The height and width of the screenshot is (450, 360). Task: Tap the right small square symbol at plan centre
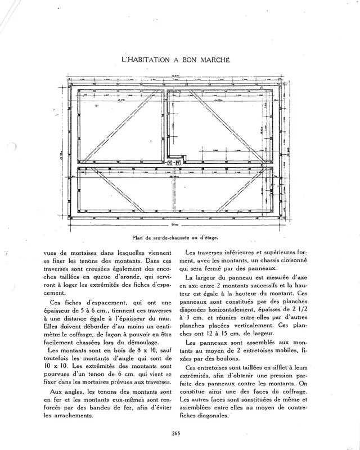(178, 164)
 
